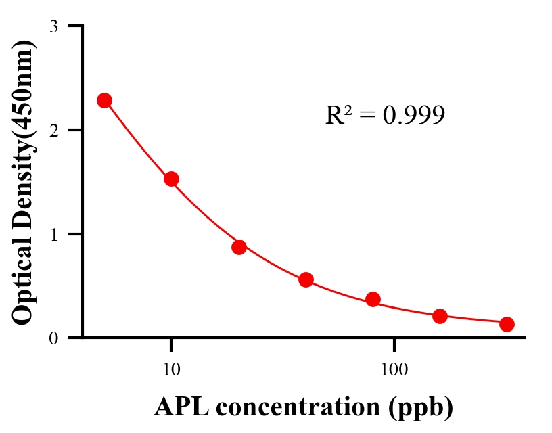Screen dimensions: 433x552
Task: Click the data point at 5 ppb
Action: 104,100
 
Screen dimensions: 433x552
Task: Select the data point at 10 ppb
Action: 171,179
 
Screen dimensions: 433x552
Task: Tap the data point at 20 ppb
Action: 239,247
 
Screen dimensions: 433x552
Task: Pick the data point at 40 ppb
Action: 306,279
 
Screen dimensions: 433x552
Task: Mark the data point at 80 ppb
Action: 373,299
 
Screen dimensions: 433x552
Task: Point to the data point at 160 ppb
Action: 440,316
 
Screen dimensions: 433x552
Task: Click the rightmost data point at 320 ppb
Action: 507,324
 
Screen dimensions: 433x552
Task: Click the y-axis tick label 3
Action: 53,26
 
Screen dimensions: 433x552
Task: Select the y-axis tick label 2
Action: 53,130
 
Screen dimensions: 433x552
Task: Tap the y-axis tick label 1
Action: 53,234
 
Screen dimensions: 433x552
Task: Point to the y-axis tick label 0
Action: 53,338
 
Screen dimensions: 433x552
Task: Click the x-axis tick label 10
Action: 171,370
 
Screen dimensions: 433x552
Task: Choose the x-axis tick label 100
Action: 394,370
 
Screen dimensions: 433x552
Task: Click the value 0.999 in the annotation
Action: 413,115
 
